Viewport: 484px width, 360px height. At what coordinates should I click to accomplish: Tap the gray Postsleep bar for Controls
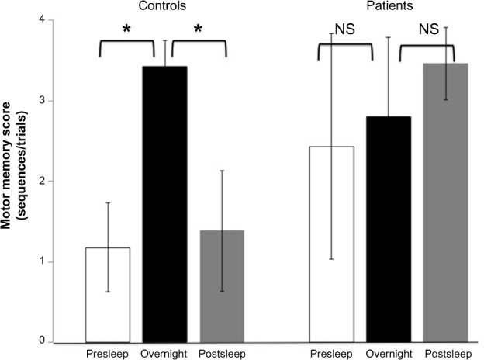221,286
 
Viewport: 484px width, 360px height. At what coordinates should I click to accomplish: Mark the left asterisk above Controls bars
125,30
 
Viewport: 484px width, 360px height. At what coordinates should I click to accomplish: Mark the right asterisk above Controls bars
198,30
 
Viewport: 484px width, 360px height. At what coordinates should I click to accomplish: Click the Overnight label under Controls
164,353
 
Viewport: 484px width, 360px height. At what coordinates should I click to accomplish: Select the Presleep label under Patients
330,353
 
